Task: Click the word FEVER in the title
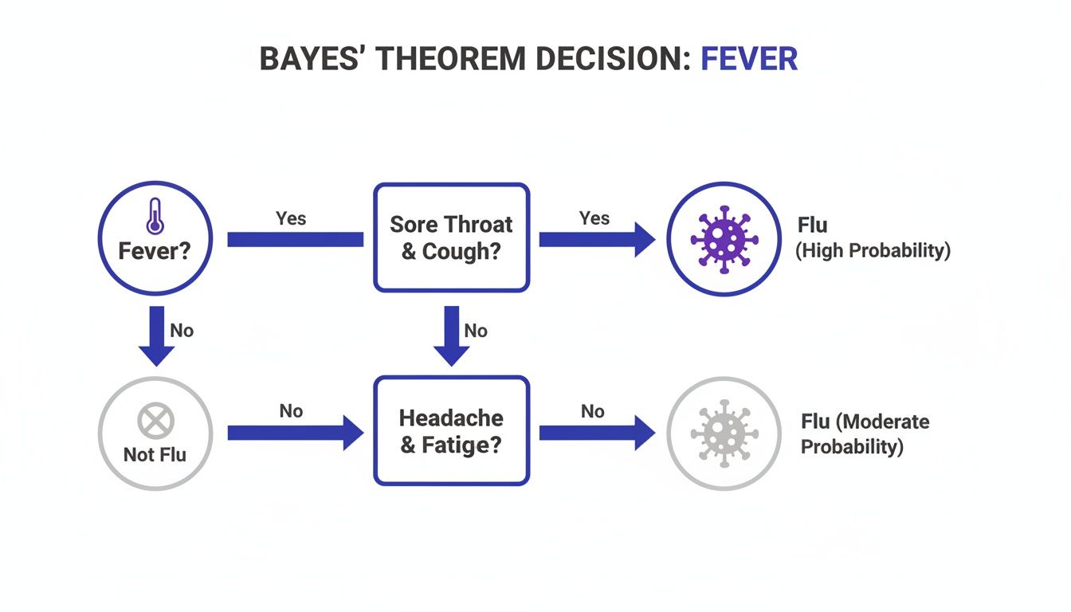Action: [x=748, y=60]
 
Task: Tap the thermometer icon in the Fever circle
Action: [x=154, y=216]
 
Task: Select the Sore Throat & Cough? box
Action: [x=451, y=237]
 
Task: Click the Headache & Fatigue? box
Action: [x=451, y=430]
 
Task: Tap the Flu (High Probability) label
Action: [x=873, y=237]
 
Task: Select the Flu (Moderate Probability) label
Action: [x=865, y=433]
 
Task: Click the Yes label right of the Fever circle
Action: [x=291, y=218]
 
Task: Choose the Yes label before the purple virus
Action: [x=594, y=218]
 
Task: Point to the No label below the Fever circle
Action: [x=182, y=330]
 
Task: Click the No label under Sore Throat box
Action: [x=476, y=330]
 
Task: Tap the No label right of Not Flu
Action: [x=291, y=411]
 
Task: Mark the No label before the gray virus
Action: [x=592, y=411]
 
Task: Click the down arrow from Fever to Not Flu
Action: [x=156, y=335]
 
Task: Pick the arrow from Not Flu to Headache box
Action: [x=295, y=433]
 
